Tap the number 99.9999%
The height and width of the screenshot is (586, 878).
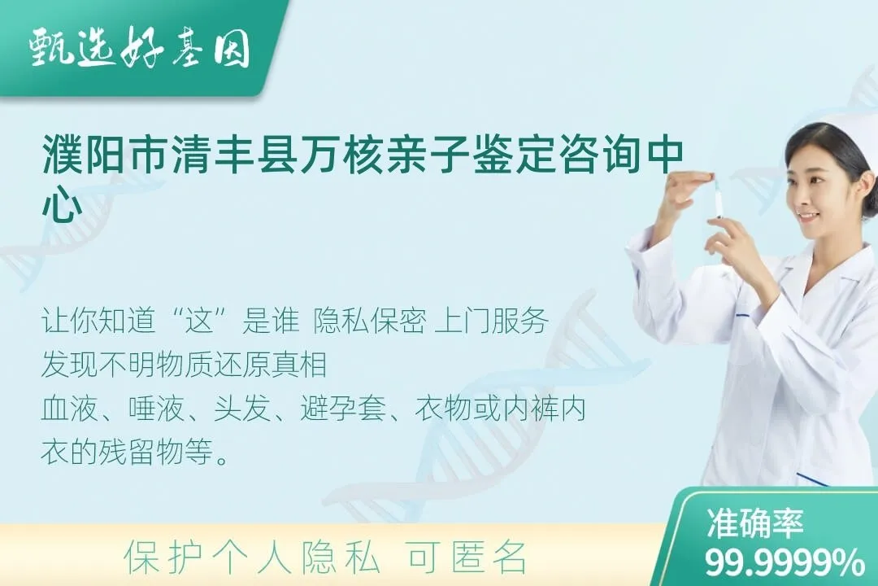click(x=784, y=562)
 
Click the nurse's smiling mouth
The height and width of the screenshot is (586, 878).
click(x=806, y=217)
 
